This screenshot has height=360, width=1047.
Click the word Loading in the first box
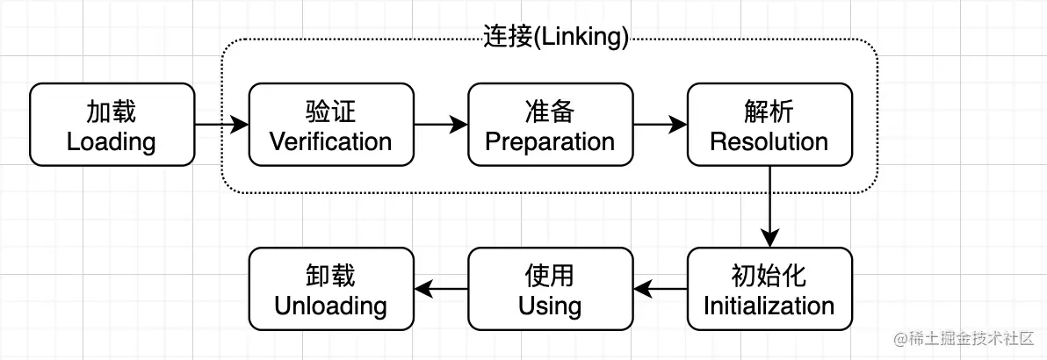pos(112,141)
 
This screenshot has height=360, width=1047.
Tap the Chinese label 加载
pos(112,112)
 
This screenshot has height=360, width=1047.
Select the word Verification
pos(330,141)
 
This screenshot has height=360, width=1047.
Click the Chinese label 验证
pos(330,112)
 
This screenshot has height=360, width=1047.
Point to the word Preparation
pos(550,141)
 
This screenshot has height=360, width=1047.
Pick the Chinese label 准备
pos(550,112)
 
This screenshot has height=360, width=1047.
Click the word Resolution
pos(769,141)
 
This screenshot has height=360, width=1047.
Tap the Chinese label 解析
pos(769,112)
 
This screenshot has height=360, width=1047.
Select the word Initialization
pos(769,306)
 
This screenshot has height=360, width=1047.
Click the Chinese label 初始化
pos(769,276)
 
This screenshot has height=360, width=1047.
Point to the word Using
pos(550,306)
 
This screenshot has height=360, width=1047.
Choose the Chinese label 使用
pos(550,276)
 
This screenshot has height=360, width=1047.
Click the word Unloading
pos(330,306)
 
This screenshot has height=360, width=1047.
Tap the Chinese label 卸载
pos(330,276)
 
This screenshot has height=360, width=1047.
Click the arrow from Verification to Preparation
pos(440,125)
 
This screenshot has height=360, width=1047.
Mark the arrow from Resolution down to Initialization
pos(769,206)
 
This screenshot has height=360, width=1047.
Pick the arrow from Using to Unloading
pos(440,289)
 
